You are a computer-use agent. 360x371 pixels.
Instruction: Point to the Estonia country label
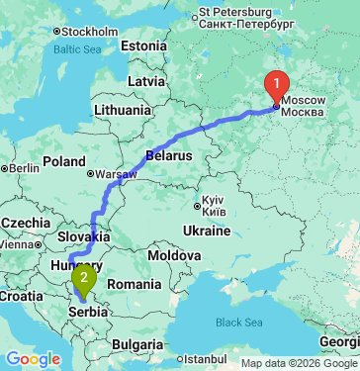143,46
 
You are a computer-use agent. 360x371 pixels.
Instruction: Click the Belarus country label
168,155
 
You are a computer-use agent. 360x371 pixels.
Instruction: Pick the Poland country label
64,160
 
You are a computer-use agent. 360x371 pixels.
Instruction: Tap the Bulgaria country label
136,344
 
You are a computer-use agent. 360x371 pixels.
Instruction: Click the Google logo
33,359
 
